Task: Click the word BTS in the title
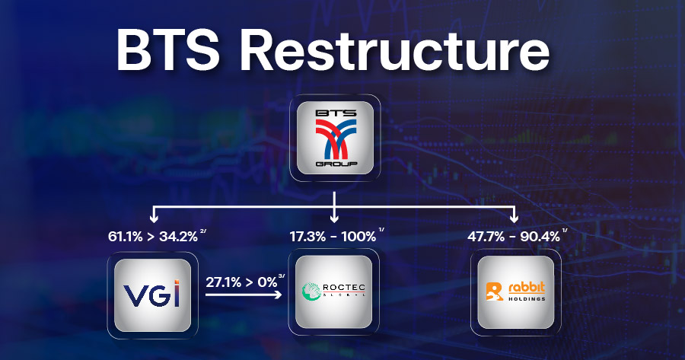[167, 50]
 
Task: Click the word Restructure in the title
[395, 50]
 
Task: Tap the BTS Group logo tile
[335, 138]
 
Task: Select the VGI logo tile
[152, 295]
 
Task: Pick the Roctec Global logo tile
[334, 292]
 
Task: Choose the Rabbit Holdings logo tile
[516, 292]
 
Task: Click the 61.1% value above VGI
[126, 237]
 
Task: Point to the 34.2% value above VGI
[178, 237]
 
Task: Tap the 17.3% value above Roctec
[307, 237]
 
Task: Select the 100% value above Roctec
[358, 237]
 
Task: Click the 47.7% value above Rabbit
[486, 237]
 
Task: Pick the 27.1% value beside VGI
[224, 282]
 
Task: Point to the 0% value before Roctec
[267, 282]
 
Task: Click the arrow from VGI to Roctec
[244, 295]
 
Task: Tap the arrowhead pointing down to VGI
[153, 217]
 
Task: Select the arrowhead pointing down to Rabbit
[515, 217]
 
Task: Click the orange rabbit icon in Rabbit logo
[494, 292]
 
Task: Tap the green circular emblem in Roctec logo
[311, 292]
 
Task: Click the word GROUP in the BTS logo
[336, 164]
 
